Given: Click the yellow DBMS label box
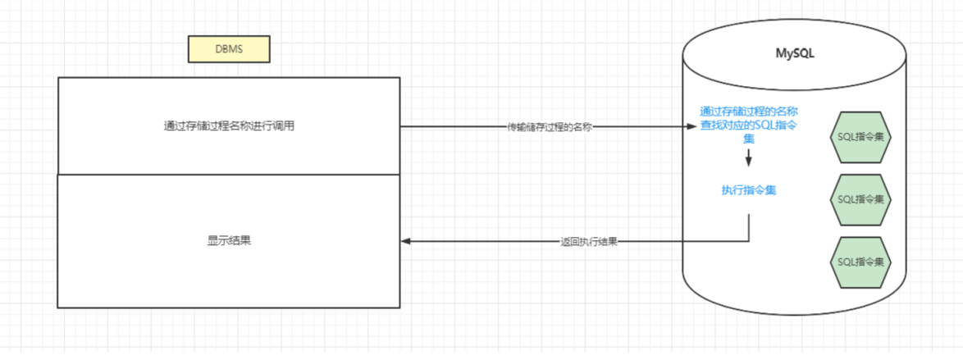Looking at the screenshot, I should click(x=229, y=49).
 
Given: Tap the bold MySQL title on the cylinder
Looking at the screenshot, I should click(x=795, y=53).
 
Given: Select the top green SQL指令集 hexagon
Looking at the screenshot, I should click(x=860, y=135).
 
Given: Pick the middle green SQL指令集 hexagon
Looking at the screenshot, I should click(x=860, y=198).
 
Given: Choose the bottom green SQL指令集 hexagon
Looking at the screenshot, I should click(x=860, y=262).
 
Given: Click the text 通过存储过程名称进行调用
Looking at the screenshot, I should click(x=229, y=126).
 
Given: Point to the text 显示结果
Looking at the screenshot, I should click(x=229, y=241).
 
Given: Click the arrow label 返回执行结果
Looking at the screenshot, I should click(x=589, y=242).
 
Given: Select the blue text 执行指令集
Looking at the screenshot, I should click(x=749, y=190).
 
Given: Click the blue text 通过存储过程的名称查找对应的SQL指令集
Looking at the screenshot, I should click(x=749, y=125).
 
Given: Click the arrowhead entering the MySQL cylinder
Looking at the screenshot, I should click(x=691, y=127).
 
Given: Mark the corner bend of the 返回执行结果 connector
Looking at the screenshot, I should click(x=749, y=241).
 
